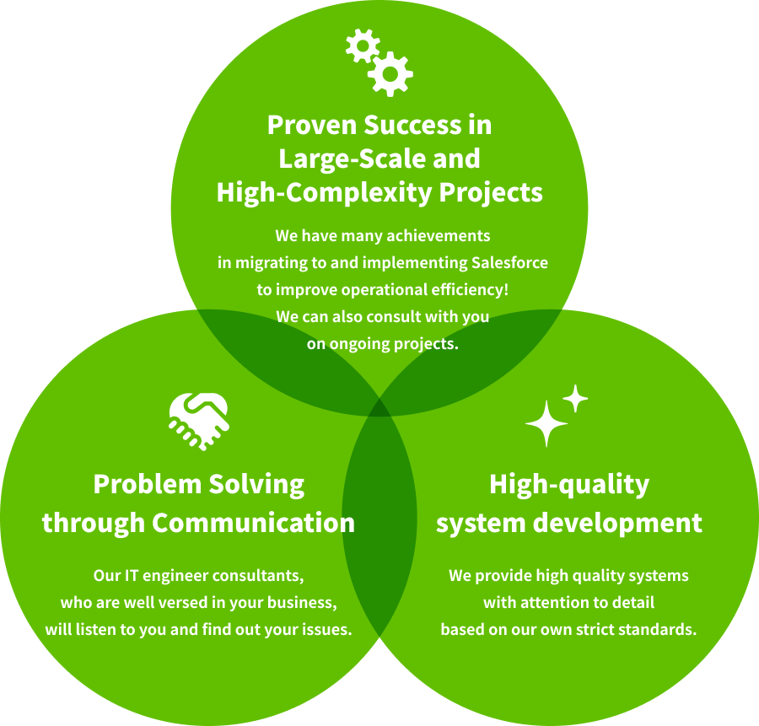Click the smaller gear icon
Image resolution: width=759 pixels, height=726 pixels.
[x=363, y=46]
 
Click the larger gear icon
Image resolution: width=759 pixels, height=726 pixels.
[x=390, y=74]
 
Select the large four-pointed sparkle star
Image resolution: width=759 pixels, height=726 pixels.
[x=546, y=423]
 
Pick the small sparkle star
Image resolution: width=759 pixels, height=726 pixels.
[x=575, y=398]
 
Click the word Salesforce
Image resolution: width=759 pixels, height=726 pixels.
[x=509, y=263]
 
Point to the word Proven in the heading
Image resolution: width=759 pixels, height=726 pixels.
[x=312, y=125]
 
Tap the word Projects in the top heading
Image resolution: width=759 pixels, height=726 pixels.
[x=491, y=192]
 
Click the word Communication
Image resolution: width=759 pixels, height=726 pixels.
[x=254, y=523]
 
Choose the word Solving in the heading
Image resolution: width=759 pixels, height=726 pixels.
[x=256, y=485]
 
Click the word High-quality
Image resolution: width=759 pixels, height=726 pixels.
[x=569, y=485]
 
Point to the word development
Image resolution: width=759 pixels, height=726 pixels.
[x=617, y=524]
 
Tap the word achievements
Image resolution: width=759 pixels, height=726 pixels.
[x=439, y=236]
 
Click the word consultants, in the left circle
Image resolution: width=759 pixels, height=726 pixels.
[x=258, y=576]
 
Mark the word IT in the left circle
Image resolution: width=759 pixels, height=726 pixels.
[x=132, y=575]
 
